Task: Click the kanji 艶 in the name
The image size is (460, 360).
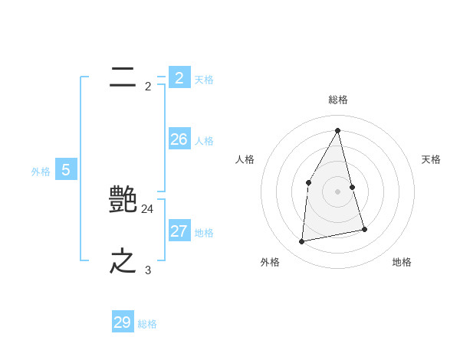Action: click(123, 200)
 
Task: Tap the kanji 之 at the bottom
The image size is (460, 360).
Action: click(123, 261)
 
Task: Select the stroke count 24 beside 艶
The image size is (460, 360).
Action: click(148, 208)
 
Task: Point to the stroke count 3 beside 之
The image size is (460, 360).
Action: click(148, 270)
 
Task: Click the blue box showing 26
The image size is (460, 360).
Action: click(179, 139)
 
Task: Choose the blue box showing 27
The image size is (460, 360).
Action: click(179, 231)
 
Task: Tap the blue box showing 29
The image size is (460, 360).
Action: click(123, 322)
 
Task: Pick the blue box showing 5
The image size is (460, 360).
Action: click(66, 170)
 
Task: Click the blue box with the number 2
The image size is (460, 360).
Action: click(179, 77)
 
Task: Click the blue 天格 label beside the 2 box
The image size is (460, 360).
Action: click(204, 80)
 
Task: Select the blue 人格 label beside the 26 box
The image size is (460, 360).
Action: click(204, 141)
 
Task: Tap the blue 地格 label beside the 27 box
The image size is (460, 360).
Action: click(204, 233)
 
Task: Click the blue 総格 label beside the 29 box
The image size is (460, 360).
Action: click(147, 325)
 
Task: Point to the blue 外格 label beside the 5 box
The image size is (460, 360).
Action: click(41, 172)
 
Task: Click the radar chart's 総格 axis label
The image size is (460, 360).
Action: click(338, 100)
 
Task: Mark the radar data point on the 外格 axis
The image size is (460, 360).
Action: click(302, 241)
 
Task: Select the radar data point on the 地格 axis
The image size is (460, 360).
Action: click(364, 229)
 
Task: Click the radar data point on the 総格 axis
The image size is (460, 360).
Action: click(338, 130)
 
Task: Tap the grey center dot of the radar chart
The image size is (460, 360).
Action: click(338, 191)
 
